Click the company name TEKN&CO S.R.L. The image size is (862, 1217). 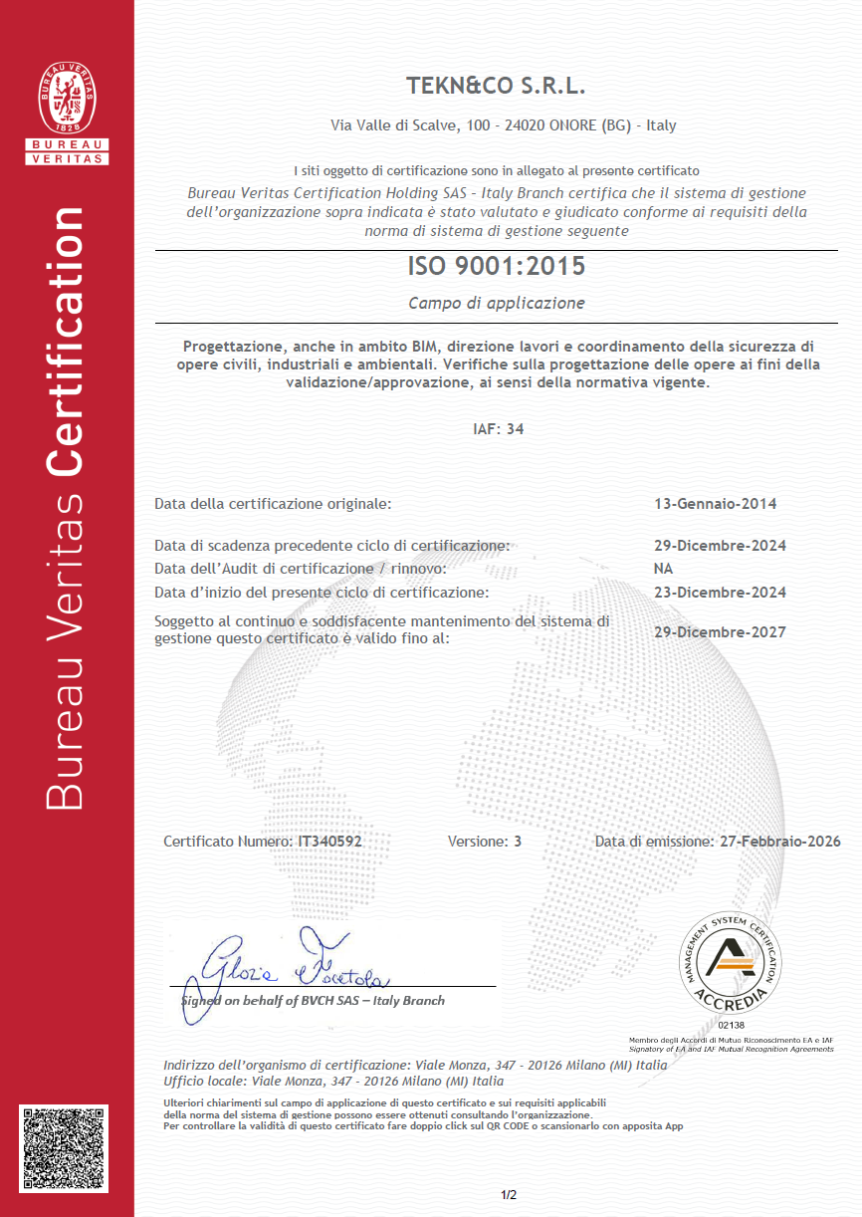point(496,86)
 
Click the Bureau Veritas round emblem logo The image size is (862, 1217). point(67,101)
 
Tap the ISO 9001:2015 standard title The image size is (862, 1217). point(496,267)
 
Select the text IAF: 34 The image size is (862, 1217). point(498,429)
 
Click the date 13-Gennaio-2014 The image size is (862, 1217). point(715,504)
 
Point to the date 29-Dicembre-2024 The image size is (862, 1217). point(720,546)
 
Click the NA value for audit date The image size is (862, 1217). point(663,569)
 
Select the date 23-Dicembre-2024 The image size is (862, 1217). point(720,593)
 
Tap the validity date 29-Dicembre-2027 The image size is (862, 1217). point(720,632)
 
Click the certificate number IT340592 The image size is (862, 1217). point(329,842)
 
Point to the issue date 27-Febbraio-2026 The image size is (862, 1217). point(778,842)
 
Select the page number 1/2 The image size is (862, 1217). point(509,1195)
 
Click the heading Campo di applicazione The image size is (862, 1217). point(496,303)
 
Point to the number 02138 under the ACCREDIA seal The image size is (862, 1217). point(731,1025)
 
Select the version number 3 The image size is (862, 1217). point(518,842)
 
